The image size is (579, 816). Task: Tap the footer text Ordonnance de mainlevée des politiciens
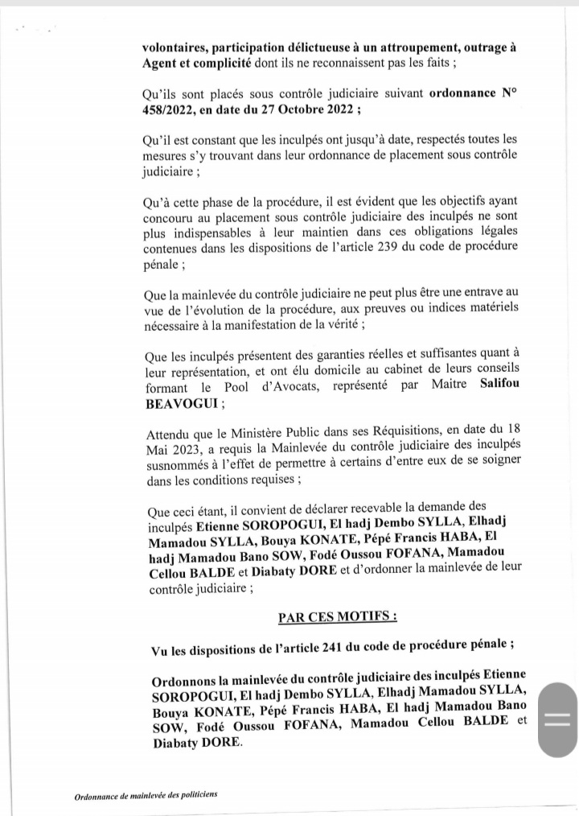[146, 794]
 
